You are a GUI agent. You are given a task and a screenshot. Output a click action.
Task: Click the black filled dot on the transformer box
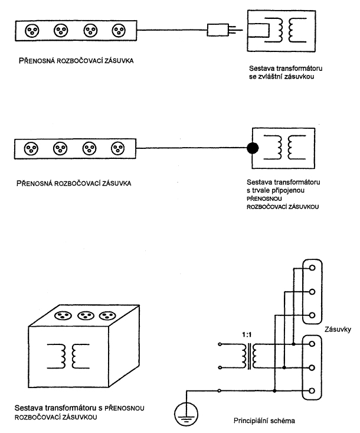tap(253, 148)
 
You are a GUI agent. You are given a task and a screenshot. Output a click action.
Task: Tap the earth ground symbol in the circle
tap(186, 414)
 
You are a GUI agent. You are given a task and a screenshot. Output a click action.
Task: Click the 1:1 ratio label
tap(247, 335)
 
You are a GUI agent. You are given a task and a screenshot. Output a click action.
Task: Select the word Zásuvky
tap(338, 330)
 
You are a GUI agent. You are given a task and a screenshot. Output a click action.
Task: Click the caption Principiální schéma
tap(264, 421)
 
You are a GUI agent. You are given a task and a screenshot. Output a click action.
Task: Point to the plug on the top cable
tap(218, 30)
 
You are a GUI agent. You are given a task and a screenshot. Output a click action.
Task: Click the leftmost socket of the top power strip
tap(32, 31)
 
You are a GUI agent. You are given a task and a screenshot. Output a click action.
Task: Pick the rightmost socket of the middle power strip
tap(118, 149)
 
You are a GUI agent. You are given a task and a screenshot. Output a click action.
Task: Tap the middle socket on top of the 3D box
tap(86, 315)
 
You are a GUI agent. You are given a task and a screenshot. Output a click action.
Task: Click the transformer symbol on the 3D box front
tap(68, 356)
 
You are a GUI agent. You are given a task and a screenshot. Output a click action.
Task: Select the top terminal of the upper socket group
tap(312, 268)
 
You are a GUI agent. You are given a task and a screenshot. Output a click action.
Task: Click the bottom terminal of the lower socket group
tap(312, 390)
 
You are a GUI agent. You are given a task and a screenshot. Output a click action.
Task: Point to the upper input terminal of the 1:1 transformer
tap(220, 344)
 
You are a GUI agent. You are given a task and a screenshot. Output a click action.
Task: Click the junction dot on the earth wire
tap(274, 390)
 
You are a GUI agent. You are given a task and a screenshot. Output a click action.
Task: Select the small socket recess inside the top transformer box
tap(258, 30)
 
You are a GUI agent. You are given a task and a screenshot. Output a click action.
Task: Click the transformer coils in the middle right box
tap(285, 147)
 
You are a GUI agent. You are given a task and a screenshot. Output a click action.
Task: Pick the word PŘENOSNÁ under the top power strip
tap(37, 61)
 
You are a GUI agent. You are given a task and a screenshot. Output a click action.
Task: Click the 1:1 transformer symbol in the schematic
tap(250, 356)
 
